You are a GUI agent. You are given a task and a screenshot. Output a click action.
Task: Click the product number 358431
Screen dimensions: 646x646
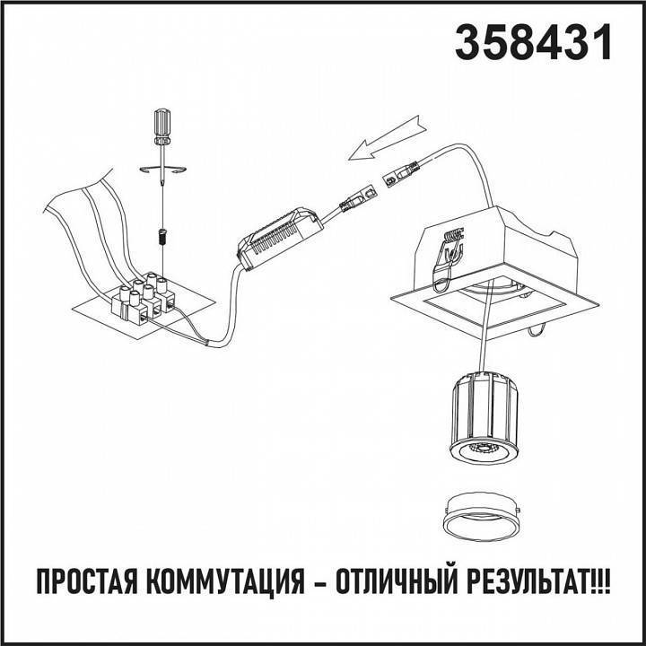[x=534, y=42]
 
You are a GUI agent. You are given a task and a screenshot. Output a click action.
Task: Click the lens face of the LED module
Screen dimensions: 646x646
[x=484, y=451]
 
